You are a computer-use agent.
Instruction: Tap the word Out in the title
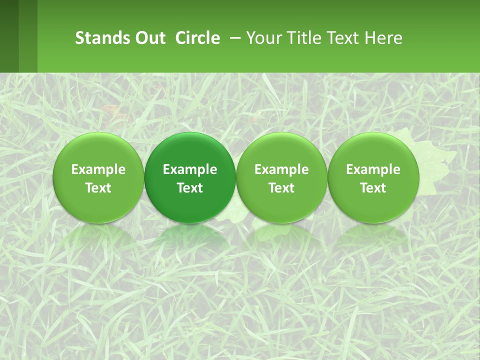[148, 38]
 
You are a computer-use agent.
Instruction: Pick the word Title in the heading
[301, 38]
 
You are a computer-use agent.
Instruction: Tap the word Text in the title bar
[341, 38]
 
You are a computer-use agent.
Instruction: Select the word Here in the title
[383, 38]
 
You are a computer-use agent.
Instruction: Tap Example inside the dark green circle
[189, 169]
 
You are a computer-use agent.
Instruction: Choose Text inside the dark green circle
[189, 188]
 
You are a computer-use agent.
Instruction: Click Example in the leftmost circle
[98, 169]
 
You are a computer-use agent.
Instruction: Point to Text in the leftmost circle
[98, 188]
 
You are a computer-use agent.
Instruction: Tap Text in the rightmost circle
[373, 188]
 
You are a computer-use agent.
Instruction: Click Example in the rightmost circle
[373, 169]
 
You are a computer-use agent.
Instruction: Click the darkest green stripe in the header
[9, 36]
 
